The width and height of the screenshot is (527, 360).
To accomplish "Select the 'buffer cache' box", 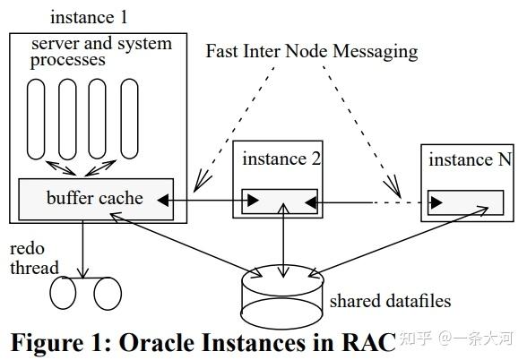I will pos(95,198).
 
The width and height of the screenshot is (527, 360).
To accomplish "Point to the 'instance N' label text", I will pos(469,159).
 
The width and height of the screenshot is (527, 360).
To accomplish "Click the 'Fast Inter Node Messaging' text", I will pos(311,50).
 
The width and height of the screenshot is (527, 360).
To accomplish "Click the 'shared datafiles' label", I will pos(390,301).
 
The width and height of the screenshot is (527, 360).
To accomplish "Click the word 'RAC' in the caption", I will pos(363,342).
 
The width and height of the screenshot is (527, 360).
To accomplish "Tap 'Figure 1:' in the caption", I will pos(64,342).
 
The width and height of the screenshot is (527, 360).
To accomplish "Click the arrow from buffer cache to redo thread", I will pos(83,246).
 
